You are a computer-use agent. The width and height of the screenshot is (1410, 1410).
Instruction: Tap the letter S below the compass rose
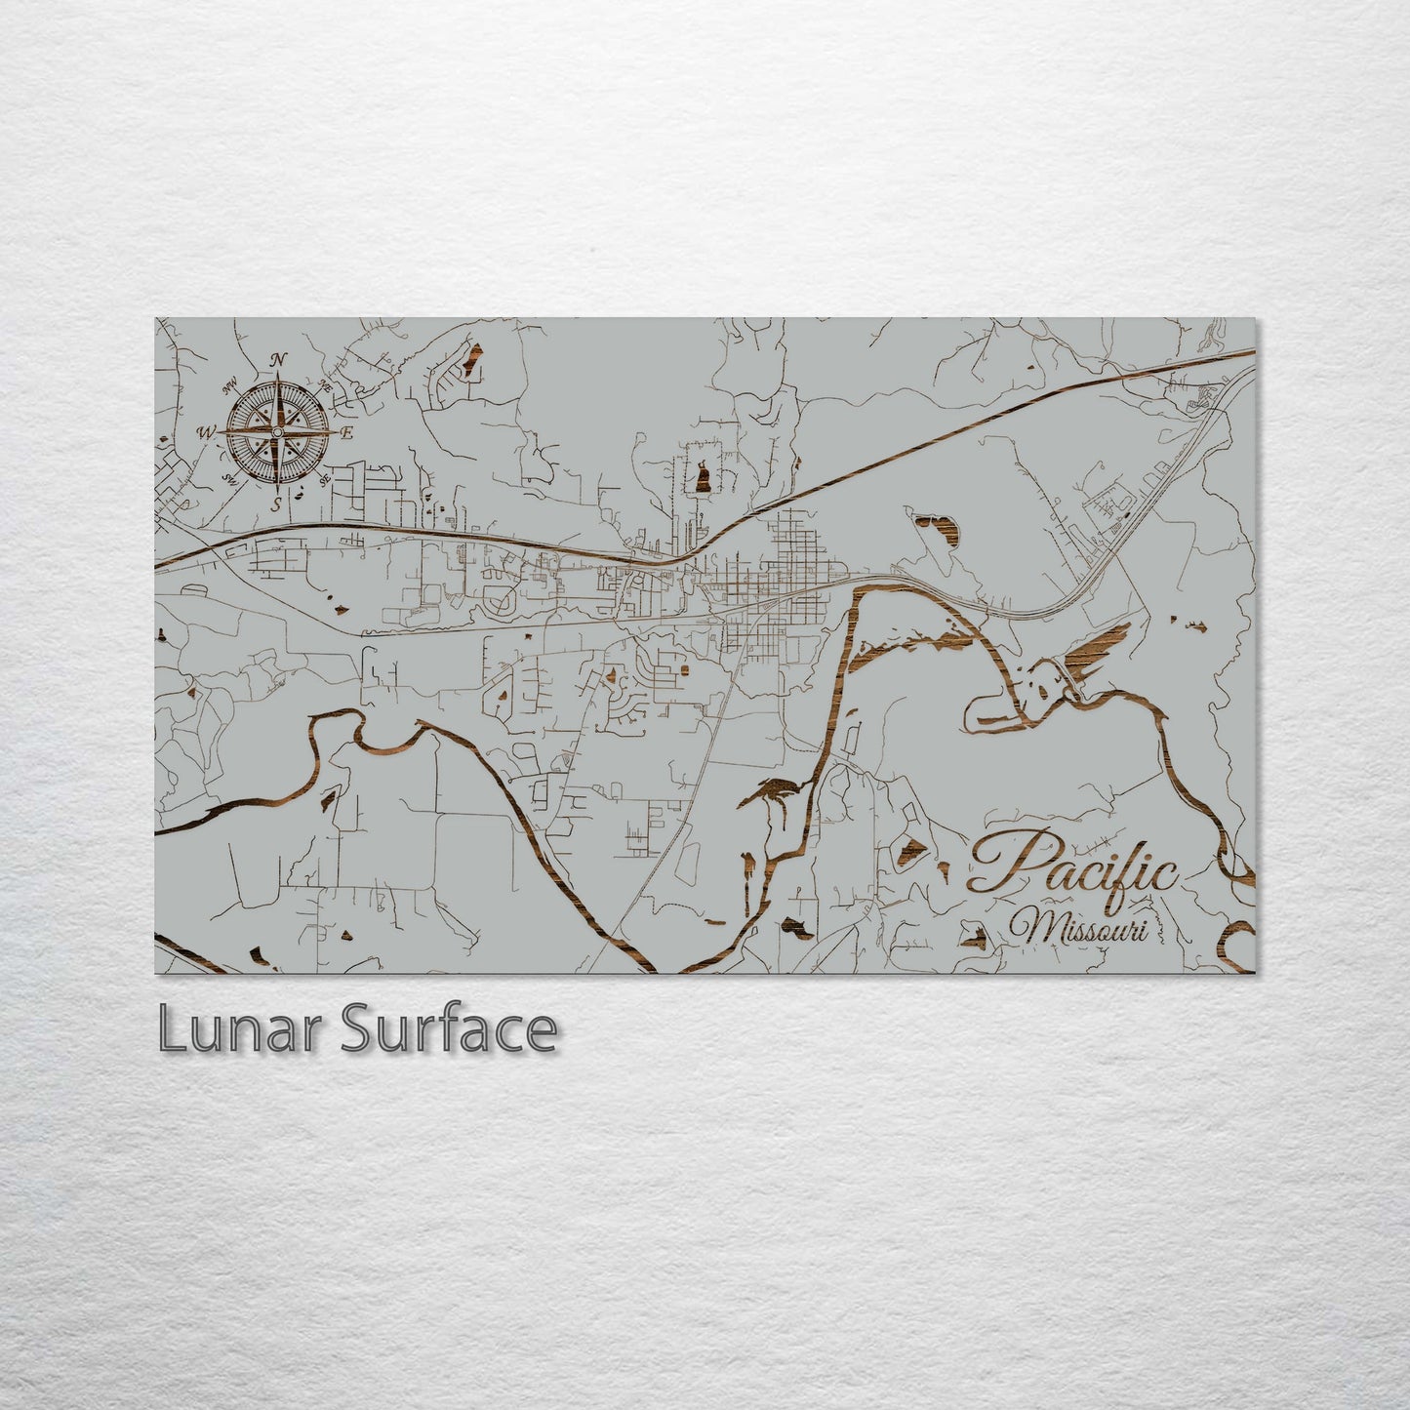point(277,504)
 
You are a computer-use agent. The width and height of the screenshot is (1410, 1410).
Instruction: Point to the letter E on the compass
point(346,432)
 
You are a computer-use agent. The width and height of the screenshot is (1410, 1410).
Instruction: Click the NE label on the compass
point(327,388)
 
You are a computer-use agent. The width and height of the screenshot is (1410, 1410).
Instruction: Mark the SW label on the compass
point(231,477)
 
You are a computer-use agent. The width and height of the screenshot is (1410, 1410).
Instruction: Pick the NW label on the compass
point(231,383)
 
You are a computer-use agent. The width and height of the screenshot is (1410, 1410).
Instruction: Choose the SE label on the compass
point(326,479)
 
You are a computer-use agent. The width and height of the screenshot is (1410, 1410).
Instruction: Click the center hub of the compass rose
point(278,431)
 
